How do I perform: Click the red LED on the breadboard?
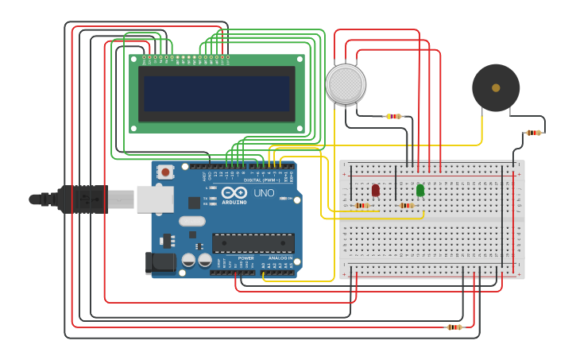coord(376,190)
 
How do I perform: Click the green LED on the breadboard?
coord(419,190)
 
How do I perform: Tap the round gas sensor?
coord(346,83)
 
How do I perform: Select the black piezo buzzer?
coord(496,87)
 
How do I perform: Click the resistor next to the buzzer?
coord(533,133)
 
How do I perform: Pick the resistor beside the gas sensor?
coord(394,116)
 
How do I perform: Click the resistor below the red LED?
coord(362,206)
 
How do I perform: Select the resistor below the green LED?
coord(407,206)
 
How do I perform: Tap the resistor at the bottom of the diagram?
coord(454,327)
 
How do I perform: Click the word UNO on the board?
coord(264,193)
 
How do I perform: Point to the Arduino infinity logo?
coord(235,193)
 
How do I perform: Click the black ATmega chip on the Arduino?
coord(253,243)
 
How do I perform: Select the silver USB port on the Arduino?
coord(155,199)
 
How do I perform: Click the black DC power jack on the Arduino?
coord(160,263)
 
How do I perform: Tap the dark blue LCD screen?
coord(217,94)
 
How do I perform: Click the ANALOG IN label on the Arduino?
coord(279,258)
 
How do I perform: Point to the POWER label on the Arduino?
coord(245,258)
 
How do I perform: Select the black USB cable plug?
coord(79,199)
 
